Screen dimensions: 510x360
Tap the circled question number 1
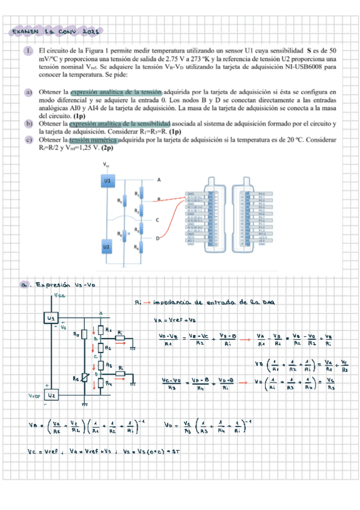[x=29, y=52]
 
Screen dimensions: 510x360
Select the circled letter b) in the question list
[x=28, y=123]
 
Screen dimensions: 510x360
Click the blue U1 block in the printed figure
[x=107, y=180]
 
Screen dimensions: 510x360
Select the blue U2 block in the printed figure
[x=107, y=247]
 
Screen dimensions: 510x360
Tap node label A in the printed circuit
[x=159, y=180]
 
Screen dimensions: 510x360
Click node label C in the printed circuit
[x=158, y=220]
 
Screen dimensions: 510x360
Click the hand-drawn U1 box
[x=52, y=317]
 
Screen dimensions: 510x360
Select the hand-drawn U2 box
[x=52, y=395]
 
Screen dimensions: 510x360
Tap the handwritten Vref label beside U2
[x=33, y=396]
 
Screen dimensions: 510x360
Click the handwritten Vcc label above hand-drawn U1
[x=59, y=295]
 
